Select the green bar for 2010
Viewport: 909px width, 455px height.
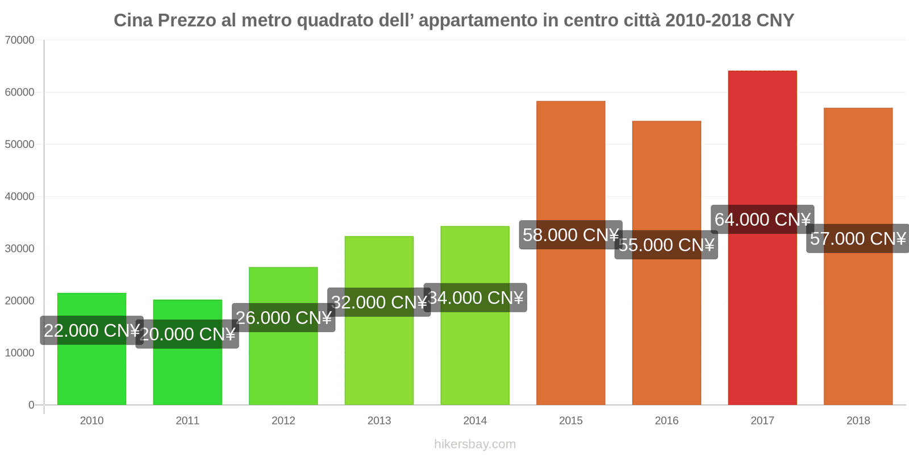(91, 370)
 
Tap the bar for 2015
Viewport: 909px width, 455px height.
(570, 318)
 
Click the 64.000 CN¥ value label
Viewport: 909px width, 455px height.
(762, 219)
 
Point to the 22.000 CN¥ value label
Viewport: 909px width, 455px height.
(91, 330)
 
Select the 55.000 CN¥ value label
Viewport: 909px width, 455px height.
(666, 245)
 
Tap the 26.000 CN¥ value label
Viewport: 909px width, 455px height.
(283, 317)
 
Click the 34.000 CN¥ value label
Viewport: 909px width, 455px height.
(475, 297)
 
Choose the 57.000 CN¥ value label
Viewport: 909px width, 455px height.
(857, 238)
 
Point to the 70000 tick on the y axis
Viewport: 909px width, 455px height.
(20, 40)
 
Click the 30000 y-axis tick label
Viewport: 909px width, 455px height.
(20, 249)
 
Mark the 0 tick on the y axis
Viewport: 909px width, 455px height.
(31, 405)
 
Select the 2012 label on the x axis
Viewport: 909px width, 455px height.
(283, 421)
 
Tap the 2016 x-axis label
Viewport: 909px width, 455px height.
(666, 421)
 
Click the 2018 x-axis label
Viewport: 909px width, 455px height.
(858, 421)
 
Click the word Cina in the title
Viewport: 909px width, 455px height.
(134, 20)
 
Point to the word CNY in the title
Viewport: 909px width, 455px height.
(775, 20)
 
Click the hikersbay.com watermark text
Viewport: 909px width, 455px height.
(475, 444)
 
